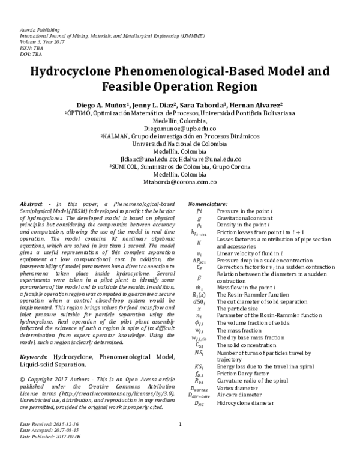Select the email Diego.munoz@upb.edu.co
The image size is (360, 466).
tap(180, 129)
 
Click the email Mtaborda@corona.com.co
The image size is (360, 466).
tap(180, 180)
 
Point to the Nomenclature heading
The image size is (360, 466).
tap(208, 204)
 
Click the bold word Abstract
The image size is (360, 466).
tap(31, 204)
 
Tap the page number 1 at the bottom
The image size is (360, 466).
tap(180, 443)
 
